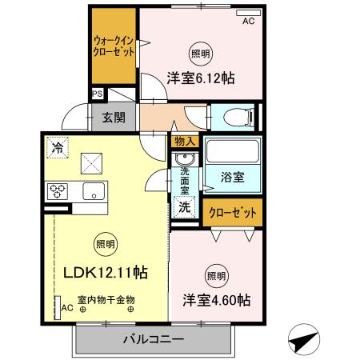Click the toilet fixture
pyautogui.click(x=239, y=118)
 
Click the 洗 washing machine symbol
pyautogui.click(x=184, y=206)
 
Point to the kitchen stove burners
pyautogui.click(x=59, y=191)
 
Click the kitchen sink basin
pyautogui.click(x=92, y=191)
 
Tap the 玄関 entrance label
pyautogui.click(x=113, y=118)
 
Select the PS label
pyautogui.click(x=98, y=94)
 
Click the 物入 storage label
pyautogui.click(x=184, y=141)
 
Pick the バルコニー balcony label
pyautogui.click(x=154, y=338)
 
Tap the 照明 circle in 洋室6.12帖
pyautogui.click(x=202, y=54)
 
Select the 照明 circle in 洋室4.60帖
pyautogui.click(x=216, y=276)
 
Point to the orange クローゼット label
pyautogui.click(x=233, y=213)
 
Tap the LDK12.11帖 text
pyautogui.click(x=105, y=272)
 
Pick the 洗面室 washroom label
pyautogui.click(x=184, y=176)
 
